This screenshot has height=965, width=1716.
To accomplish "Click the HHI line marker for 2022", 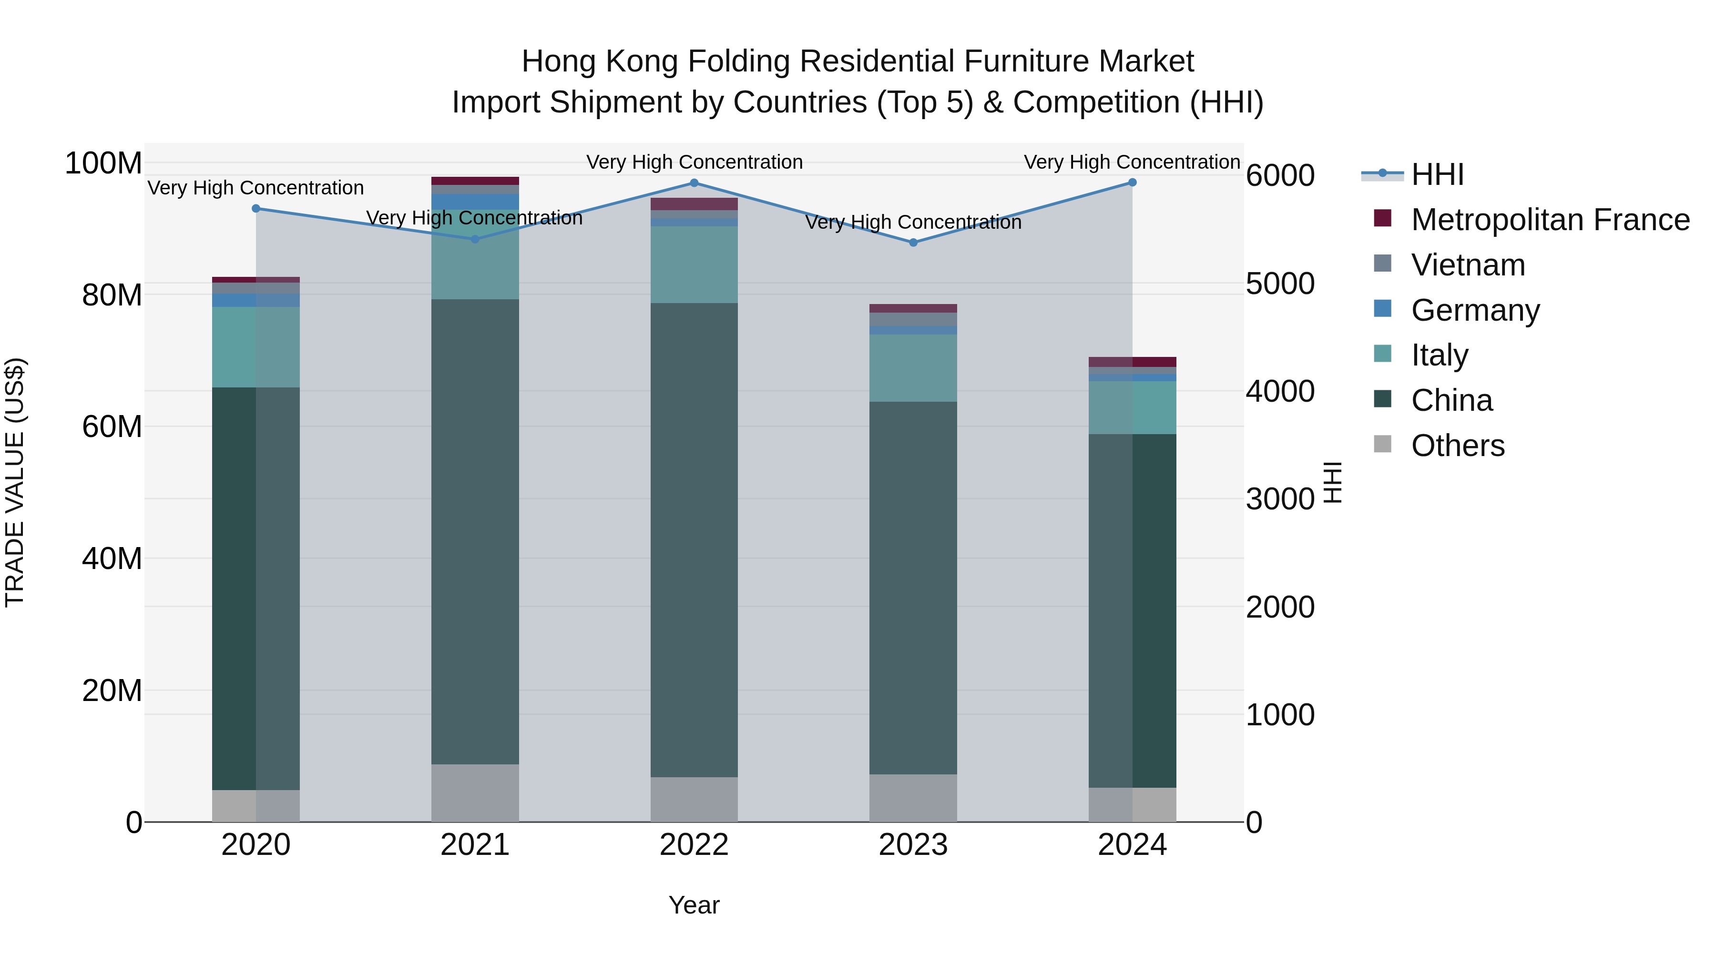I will coord(694,183).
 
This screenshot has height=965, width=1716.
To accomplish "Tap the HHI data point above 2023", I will coord(913,243).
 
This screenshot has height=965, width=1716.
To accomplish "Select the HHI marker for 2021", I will coord(475,239).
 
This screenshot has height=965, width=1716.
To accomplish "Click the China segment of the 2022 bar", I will coord(694,539).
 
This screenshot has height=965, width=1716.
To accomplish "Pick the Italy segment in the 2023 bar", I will coord(913,367).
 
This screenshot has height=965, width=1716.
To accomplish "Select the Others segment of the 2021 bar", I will coord(475,792).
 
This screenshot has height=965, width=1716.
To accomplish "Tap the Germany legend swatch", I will coord(1383,309).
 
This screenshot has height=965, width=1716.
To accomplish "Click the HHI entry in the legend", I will coord(1437,174).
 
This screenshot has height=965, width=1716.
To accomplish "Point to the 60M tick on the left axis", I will coord(112,426).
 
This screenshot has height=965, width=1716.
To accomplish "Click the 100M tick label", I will coord(103,163).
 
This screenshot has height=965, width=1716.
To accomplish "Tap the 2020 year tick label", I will coord(256,845).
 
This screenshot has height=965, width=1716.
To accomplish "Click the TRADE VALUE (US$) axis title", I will coord(15,482).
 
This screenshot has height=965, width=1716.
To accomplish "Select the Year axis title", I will coord(694,905).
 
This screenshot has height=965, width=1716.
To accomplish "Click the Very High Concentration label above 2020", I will coord(256,188).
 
